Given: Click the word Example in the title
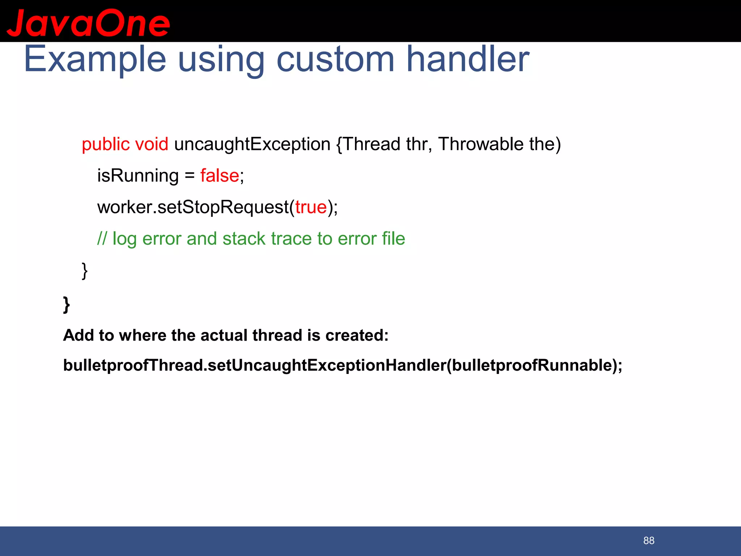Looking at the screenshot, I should click(95, 59).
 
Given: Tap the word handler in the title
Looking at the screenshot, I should click(468, 59).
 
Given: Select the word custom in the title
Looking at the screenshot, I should click(335, 59).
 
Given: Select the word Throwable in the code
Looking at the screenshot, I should click(480, 144).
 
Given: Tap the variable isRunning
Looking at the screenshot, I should click(138, 176).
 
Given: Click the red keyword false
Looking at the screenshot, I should click(220, 176).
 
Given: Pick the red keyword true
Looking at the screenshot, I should click(311, 207).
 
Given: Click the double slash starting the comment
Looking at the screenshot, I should click(102, 239).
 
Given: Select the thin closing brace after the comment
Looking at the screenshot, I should click(85, 271).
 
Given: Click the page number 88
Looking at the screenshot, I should click(649, 540).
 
